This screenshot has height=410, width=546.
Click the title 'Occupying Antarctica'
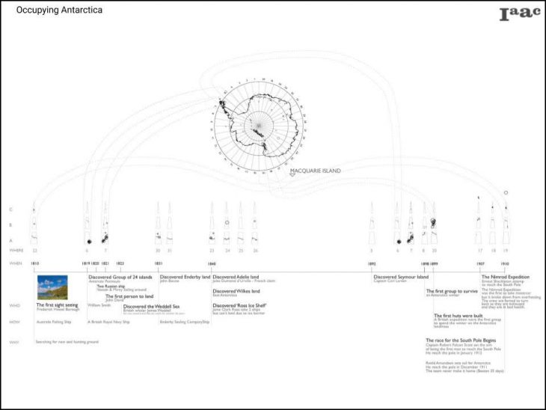coord(59,11)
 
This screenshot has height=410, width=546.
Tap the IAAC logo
coord(519,13)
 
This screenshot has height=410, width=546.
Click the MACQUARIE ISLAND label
coord(315,171)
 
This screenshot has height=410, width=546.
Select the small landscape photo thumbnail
coord(52,288)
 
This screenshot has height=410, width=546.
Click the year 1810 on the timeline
coord(35,263)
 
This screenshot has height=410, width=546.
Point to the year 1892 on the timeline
coord(371,263)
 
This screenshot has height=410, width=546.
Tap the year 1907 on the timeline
coord(479,263)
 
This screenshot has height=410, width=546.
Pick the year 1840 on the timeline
coord(212,263)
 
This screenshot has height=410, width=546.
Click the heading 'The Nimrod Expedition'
coord(506,277)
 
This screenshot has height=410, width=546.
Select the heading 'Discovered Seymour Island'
coord(401,277)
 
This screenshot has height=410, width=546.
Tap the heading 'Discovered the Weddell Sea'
coord(152,306)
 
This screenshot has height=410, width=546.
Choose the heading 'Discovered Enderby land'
coord(185,277)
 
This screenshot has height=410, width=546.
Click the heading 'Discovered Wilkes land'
coord(236,291)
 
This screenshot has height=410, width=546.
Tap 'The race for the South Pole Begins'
coord(459,340)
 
